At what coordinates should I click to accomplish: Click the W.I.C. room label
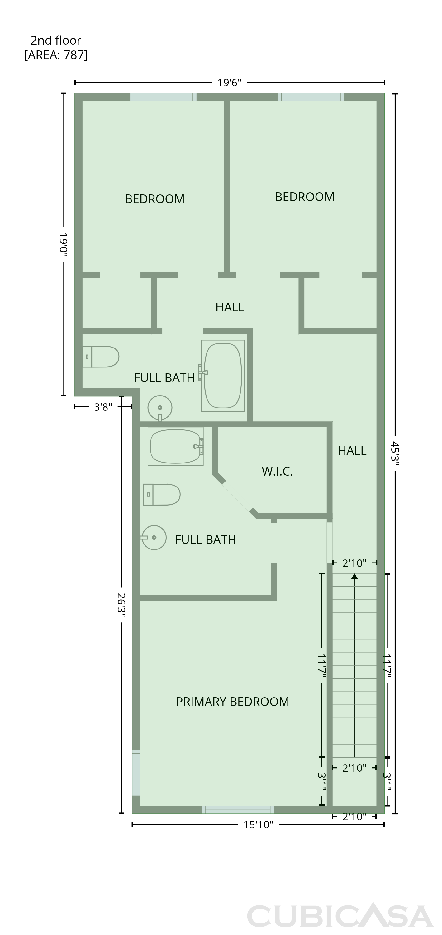(x=277, y=471)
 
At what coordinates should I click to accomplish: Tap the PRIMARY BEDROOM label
(x=233, y=702)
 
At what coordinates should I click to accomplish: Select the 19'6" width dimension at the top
(x=229, y=83)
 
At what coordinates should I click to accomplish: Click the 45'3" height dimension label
(x=395, y=452)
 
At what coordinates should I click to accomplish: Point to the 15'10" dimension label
(x=258, y=825)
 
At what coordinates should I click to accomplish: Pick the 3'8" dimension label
(x=103, y=407)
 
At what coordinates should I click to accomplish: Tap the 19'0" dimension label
(x=64, y=245)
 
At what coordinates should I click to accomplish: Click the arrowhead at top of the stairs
(x=354, y=576)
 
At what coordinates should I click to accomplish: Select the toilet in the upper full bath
(x=101, y=357)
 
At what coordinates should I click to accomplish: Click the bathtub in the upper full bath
(x=223, y=376)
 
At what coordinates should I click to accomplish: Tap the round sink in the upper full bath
(x=160, y=408)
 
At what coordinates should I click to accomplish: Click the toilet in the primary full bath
(x=162, y=494)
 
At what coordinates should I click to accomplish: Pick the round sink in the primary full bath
(x=154, y=538)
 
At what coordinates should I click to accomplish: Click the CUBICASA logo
(x=340, y=916)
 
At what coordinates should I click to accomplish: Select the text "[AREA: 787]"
(x=56, y=55)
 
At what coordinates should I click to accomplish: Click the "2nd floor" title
(x=56, y=40)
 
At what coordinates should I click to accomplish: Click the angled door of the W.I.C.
(x=238, y=496)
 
